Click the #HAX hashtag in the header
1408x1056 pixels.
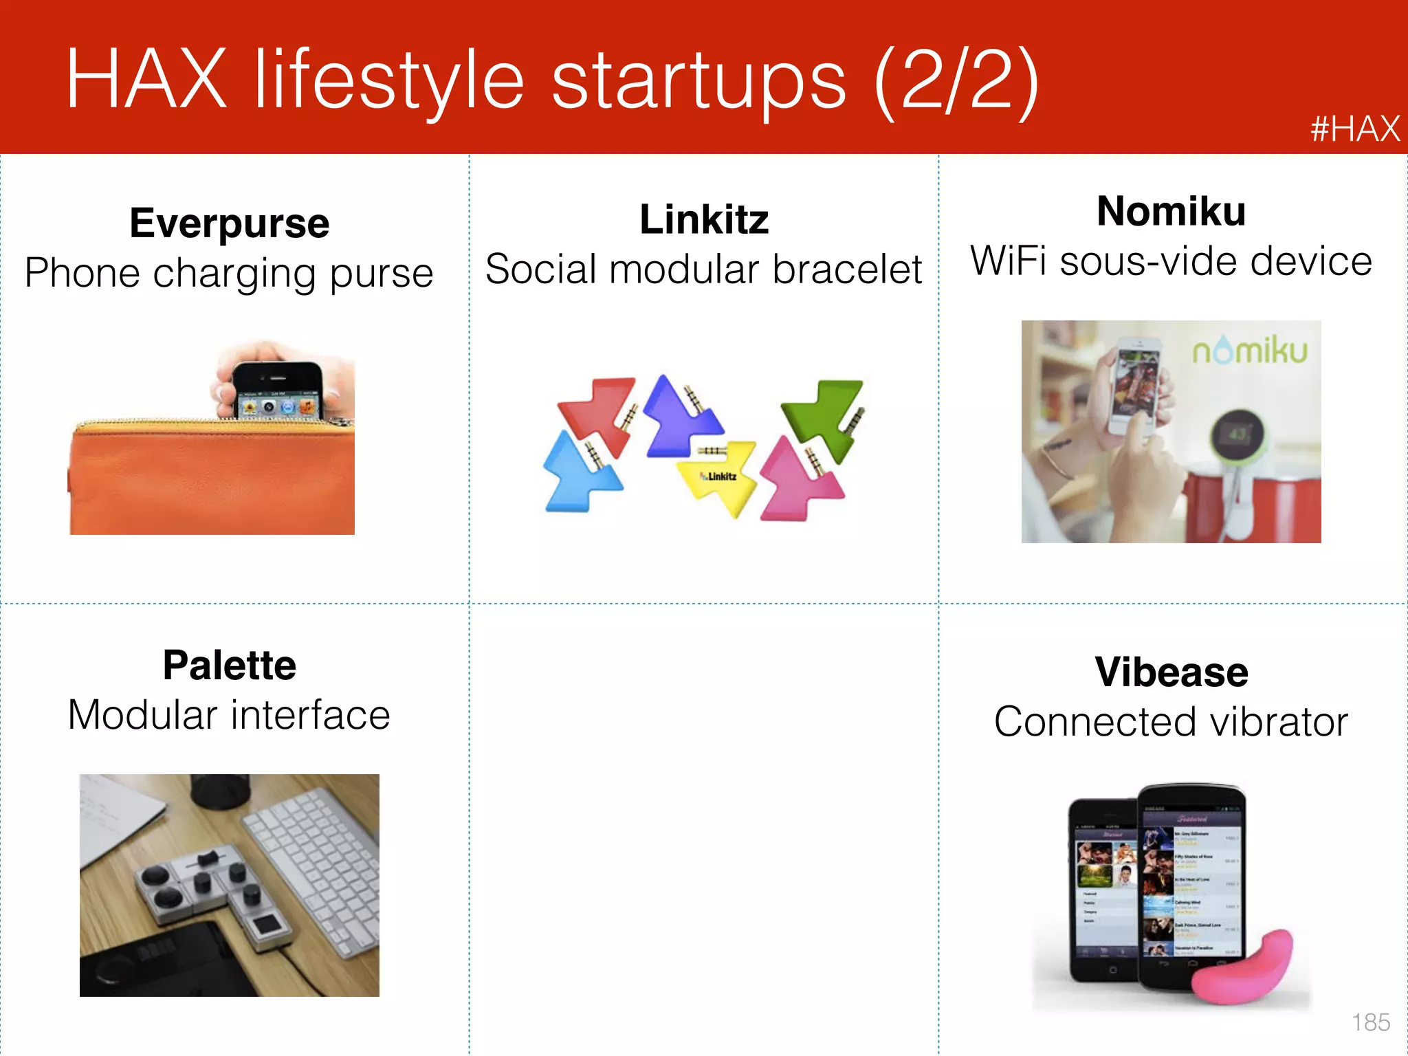pyautogui.click(x=1354, y=129)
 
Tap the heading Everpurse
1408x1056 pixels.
pyautogui.click(x=230, y=223)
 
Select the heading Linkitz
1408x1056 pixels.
pyautogui.click(x=704, y=220)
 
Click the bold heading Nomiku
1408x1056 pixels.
pyautogui.click(x=1171, y=211)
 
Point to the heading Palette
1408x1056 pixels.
pyautogui.click(x=230, y=665)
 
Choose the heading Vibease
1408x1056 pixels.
pyautogui.click(x=1171, y=672)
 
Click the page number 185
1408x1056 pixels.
pyautogui.click(x=1370, y=1022)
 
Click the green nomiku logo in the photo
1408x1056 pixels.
pyautogui.click(x=1249, y=351)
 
